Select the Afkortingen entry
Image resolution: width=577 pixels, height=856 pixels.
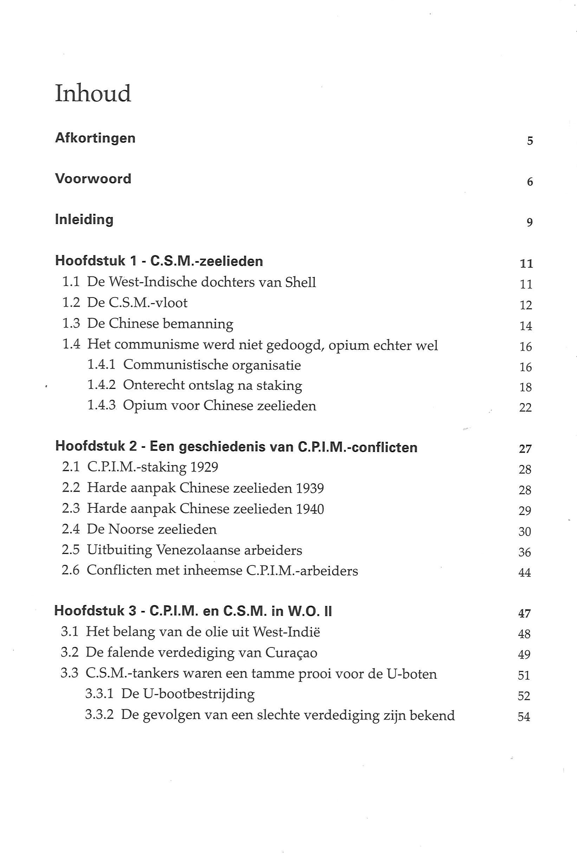pos(95,138)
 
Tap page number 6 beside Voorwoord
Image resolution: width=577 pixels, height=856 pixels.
pos(530,181)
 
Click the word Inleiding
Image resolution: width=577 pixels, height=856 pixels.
pos(84,219)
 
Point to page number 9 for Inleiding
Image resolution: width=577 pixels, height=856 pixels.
pos(530,222)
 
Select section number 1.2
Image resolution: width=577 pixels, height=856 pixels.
pos(71,303)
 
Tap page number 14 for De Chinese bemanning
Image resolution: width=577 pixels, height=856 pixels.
pos(526,326)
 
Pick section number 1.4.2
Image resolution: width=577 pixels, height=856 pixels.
pos(101,385)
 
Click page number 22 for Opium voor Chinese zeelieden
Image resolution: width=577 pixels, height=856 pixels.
pos(525,408)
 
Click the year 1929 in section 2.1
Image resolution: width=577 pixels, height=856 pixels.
pos(204,467)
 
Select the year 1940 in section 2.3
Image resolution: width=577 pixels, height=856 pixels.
pos(310,509)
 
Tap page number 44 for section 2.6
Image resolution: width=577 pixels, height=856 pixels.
pos(525,573)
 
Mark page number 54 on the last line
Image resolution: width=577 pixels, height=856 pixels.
pos(524,717)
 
